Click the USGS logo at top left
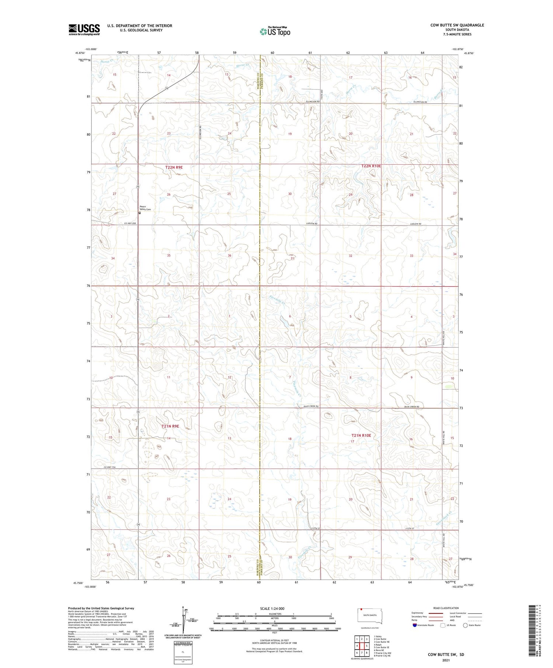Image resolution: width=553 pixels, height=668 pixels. [x=84, y=29]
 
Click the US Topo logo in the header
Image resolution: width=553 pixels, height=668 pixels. [x=275, y=31]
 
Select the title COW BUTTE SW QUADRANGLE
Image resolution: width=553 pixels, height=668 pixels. [x=457, y=25]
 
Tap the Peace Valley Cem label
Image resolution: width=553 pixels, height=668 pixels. [x=145, y=208]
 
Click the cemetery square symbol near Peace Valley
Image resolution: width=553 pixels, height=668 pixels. [x=140, y=213]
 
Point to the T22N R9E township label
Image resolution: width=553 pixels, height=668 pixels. [x=174, y=167]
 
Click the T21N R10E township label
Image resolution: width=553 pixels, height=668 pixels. [x=361, y=435]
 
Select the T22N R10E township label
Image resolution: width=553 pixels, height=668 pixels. [x=371, y=166]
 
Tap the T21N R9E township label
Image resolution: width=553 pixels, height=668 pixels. [x=170, y=426]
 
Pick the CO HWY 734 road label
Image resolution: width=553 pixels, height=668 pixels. [x=109, y=467]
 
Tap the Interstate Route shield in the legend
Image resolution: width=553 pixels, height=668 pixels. [x=415, y=625]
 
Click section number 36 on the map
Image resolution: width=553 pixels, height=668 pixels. [x=229, y=255]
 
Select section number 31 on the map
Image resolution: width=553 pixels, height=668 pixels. [x=292, y=258]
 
